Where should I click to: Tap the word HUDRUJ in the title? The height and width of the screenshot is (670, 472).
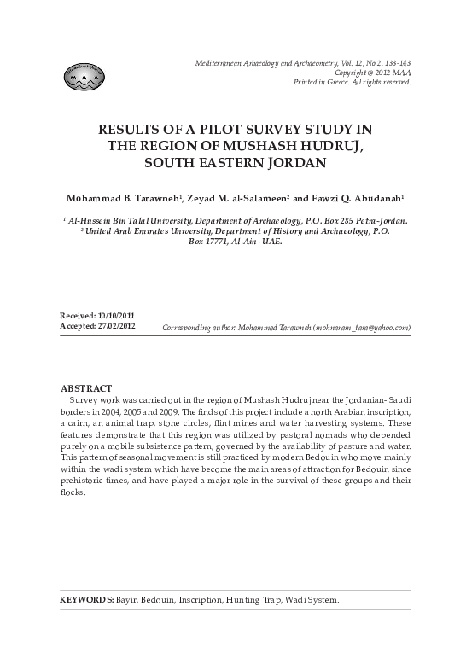tap(331, 145)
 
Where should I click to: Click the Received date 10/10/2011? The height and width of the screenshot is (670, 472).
tap(115, 316)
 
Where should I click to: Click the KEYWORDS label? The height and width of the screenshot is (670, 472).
tap(86, 600)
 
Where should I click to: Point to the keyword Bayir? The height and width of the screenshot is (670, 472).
tap(127, 600)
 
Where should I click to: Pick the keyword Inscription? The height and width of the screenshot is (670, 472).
tap(201, 600)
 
